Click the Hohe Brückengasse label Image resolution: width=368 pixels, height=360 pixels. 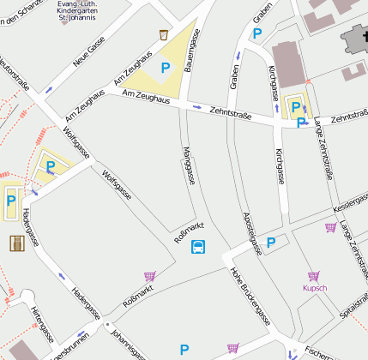[250, 296]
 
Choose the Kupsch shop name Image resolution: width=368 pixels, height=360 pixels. [315, 288]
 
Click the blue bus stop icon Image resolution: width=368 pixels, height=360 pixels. [198, 248]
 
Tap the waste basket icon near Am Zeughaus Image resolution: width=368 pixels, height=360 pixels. [164, 35]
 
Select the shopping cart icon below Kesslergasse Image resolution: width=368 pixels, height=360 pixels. [330, 227]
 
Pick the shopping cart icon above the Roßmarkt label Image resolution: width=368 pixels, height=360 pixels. [149, 276]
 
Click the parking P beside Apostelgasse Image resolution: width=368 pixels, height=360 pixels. [271, 243]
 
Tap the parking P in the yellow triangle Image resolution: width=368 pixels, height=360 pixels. [166, 66]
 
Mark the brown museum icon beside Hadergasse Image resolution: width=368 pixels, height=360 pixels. [16, 243]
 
